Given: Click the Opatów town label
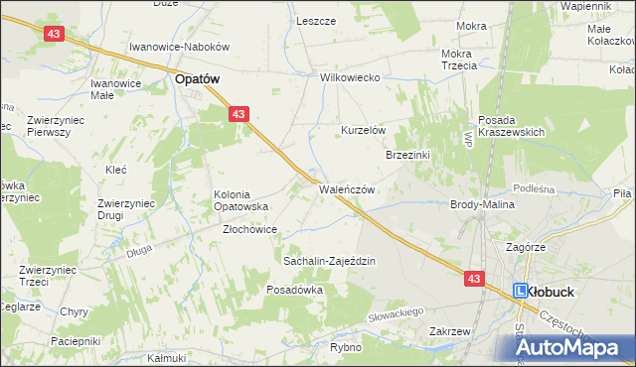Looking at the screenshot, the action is pos(197,78).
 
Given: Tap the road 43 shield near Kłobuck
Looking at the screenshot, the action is pos(473,280).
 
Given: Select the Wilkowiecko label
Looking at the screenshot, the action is pos(351,77).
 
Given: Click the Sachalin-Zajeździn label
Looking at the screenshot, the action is pos(329,261).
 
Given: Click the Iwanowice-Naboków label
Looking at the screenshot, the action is pos(180,47).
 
